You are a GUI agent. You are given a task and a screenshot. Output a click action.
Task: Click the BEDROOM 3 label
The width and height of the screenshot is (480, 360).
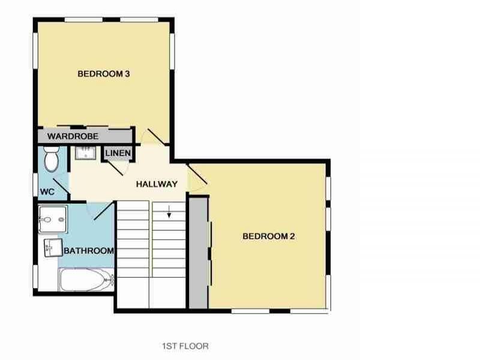pos(104,74)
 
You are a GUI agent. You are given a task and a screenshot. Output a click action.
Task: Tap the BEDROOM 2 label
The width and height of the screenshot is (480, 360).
pos(269,236)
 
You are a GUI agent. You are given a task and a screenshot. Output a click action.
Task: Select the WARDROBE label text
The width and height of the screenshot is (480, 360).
pos(73,136)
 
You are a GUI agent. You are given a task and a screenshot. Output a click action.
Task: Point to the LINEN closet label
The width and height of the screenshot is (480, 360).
pos(118,154)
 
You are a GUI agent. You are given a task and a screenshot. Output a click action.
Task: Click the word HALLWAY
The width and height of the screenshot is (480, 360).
pos(156,184)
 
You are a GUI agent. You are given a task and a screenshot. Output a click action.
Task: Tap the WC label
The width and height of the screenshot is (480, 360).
pos(47,191)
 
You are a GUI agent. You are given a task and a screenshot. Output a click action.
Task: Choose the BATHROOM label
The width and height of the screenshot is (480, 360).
pos(89,250)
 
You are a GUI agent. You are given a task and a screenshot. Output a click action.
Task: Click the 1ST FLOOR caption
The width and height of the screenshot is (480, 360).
pos(185,346)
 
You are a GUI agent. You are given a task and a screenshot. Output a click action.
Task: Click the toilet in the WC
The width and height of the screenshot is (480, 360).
pos(51,158)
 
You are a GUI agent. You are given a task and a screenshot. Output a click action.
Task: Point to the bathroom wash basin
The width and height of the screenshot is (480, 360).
pos(52,247)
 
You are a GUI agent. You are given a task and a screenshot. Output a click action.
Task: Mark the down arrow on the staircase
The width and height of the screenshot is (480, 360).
pos(170,211)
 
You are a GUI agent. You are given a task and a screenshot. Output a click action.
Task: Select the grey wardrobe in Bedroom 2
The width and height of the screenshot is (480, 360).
pos(198,252)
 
